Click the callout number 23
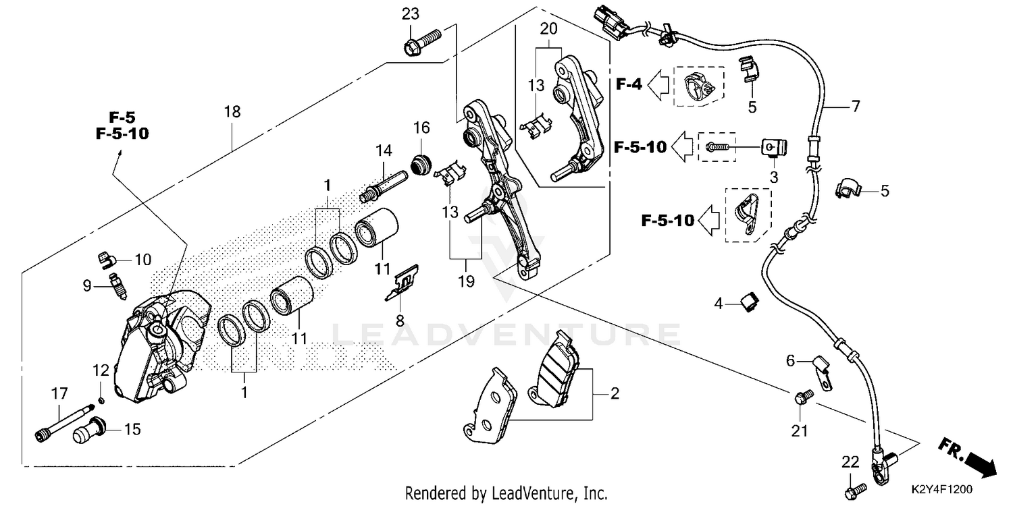[x=411, y=13]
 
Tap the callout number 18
[x=232, y=111]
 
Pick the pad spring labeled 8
[x=403, y=283]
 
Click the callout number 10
[x=142, y=259]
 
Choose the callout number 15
[x=132, y=429]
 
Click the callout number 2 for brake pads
[x=614, y=393]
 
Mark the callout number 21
[x=804, y=430]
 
